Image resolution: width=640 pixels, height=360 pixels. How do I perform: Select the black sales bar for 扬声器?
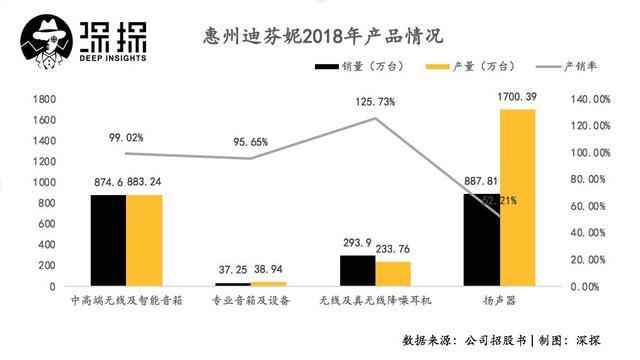pyautogui.click(x=481, y=240)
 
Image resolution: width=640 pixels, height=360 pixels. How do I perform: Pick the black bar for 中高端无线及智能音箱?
pyautogui.click(x=108, y=240)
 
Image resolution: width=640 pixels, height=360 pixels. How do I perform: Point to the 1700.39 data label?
pyautogui.click(x=520, y=98)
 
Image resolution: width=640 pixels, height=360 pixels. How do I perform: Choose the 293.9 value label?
pyautogui.click(x=355, y=245)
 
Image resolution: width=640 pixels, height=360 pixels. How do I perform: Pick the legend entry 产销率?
pyautogui.click(x=590, y=68)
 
